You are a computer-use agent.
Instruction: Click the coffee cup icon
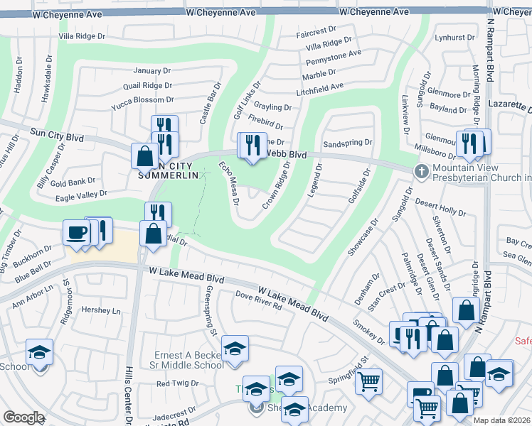point(77,231)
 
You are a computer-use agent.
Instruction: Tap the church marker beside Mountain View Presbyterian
point(421,171)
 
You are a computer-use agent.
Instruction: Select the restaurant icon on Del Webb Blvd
point(251,146)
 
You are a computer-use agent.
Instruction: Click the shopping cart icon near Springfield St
point(368,382)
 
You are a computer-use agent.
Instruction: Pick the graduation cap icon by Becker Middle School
point(235,349)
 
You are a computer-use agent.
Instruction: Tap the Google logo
point(23,417)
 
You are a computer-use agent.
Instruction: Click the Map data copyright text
point(502,420)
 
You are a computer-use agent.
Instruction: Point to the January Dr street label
point(152,71)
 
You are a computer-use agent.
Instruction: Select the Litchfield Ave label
point(320,87)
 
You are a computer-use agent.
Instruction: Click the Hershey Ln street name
point(101,310)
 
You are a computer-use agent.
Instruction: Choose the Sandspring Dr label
point(348,143)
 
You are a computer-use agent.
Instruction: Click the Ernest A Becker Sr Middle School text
point(189,360)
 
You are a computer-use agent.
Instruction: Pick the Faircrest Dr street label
point(315,31)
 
